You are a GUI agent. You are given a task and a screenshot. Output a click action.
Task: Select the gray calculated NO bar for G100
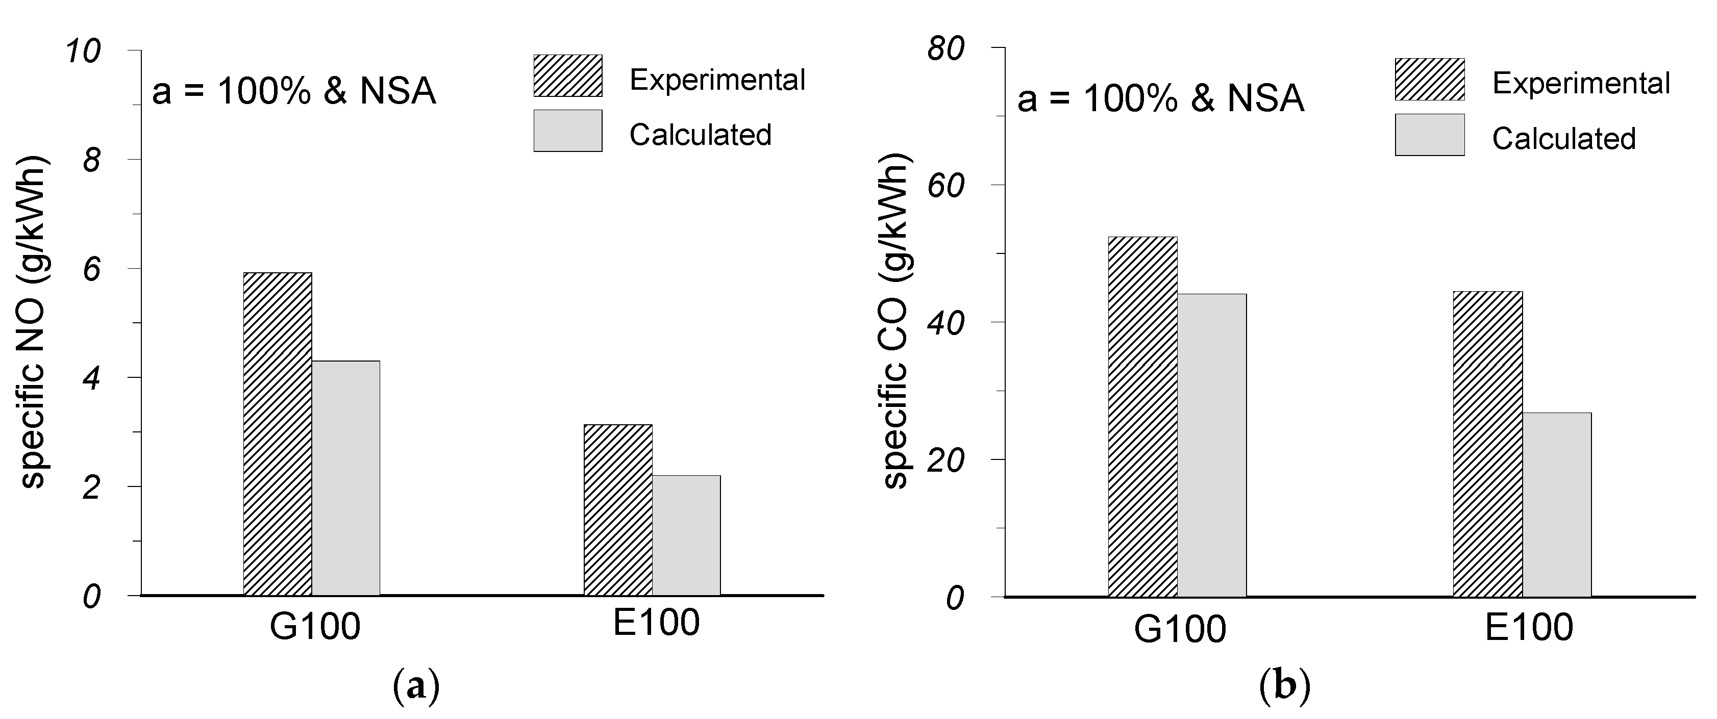click(346, 478)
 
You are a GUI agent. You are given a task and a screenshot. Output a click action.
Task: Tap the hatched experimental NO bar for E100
click(618, 510)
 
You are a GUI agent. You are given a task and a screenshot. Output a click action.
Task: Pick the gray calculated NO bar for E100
click(686, 535)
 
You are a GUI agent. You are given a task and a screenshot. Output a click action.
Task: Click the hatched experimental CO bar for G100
click(1142, 417)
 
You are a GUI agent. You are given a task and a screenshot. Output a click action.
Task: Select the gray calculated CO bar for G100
click(1211, 445)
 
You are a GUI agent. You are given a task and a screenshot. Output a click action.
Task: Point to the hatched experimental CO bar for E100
click(1488, 444)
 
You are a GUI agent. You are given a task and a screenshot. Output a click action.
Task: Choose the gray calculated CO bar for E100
click(1556, 504)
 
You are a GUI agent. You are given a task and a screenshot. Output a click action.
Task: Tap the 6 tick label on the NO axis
click(91, 269)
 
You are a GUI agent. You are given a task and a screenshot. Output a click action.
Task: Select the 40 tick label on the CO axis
click(946, 323)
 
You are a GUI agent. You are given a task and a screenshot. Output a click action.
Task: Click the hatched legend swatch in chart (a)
click(567, 76)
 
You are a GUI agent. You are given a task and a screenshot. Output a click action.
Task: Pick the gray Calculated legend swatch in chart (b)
click(1429, 135)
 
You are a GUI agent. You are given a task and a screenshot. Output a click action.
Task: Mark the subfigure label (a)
click(416, 686)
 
